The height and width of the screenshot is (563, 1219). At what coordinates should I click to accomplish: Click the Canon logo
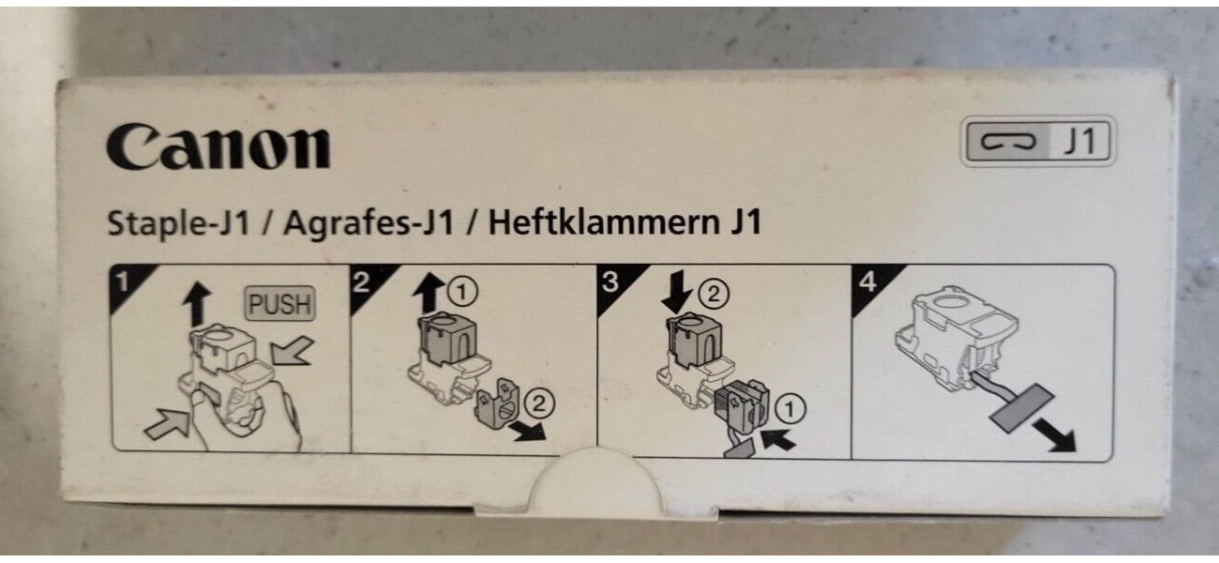click(218, 147)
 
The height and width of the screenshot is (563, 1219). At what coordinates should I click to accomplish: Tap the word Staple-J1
click(179, 223)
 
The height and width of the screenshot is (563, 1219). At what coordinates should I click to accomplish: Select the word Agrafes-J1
click(369, 223)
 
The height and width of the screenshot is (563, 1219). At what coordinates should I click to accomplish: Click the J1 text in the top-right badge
click(1079, 141)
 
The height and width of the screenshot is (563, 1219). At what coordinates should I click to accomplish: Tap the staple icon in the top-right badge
click(1008, 142)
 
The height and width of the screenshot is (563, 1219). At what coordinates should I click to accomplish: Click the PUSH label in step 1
click(280, 303)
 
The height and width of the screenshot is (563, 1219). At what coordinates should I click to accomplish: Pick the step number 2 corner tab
click(370, 284)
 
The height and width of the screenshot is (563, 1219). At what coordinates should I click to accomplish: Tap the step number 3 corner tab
click(618, 284)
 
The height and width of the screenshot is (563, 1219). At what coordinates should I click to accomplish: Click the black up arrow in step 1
click(197, 304)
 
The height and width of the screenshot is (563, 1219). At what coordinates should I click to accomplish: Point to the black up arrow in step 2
click(429, 293)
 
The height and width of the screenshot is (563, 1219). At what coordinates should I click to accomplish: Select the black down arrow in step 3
click(675, 293)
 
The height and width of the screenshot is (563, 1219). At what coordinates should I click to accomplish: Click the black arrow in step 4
click(1054, 434)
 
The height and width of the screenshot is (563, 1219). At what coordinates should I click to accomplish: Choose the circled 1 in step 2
click(462, 292)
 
